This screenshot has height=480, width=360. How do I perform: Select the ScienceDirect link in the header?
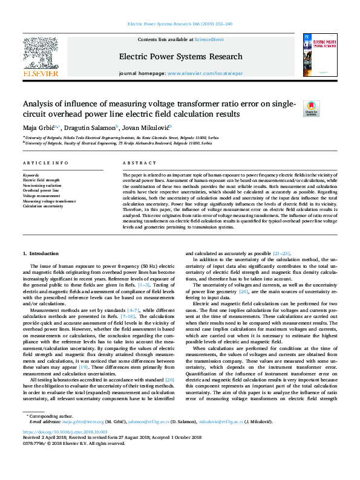[x=210, y=39]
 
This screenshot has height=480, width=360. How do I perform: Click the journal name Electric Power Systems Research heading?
[x=180, y=57]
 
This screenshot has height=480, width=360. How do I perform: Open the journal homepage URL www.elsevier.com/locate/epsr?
[x=204, y=73]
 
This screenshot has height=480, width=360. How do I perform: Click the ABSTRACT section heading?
[x=139, y=163]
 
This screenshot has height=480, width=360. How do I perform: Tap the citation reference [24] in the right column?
[x=244, y=291]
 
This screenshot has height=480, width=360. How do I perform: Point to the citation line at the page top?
[x=180, y=24]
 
